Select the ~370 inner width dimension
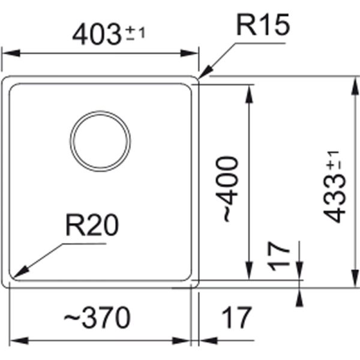pyautogui.click(x=99, y=317)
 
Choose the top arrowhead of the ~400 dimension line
pyautogui.click(x=248, y=86)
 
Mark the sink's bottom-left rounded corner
pyautogui.click(x=8, y=284)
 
